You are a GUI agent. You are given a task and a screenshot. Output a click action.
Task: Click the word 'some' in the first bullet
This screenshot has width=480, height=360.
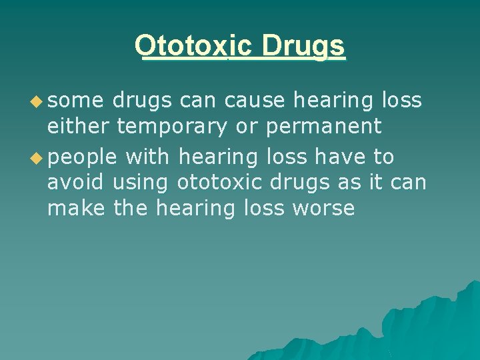pos(76,101)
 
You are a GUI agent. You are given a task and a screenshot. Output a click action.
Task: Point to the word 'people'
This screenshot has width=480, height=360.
pos(82,158)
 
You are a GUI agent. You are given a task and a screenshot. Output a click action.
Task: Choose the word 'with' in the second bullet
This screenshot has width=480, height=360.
pos(148,157)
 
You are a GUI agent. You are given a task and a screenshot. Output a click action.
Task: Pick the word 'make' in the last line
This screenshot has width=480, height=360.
pos(75,208)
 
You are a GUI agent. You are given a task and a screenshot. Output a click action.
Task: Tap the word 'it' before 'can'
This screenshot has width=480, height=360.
pos(380,183)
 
